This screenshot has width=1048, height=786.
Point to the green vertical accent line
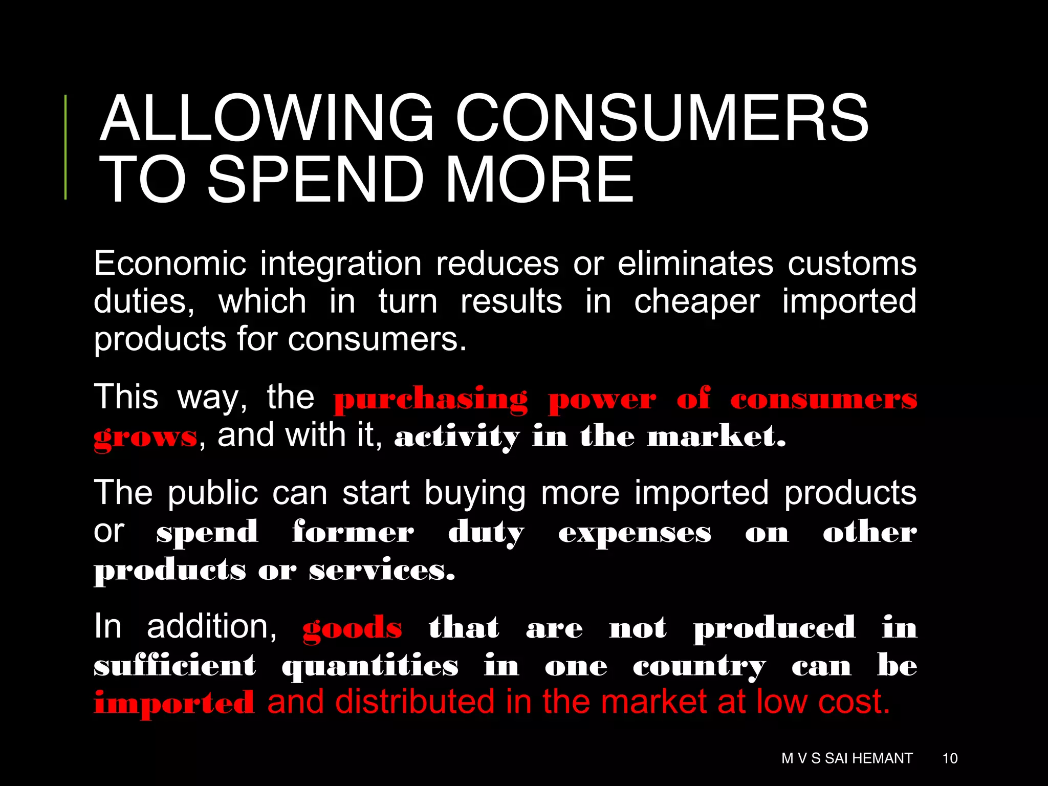point(65,147)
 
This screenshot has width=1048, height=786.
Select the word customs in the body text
point(851,264)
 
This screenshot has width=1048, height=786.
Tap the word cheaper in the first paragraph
point(696,302)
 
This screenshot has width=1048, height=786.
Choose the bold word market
point(716,436)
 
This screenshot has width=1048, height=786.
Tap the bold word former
point(353,532)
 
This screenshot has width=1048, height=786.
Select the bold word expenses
point(635,533)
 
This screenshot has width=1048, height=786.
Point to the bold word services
point(382,570)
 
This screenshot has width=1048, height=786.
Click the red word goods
point(352,628)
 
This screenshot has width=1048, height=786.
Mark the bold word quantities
point(370,667)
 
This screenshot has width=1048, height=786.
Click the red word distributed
point(414,702)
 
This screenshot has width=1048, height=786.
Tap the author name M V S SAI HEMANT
point(847,758)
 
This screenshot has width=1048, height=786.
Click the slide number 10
point(950,758)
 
